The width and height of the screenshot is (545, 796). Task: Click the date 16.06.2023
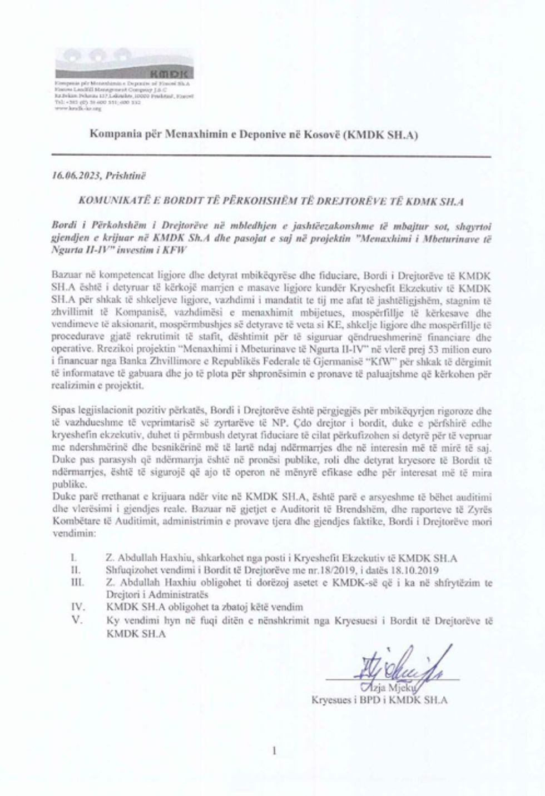coord(74,176)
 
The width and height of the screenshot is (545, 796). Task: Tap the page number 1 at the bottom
coord(274,751)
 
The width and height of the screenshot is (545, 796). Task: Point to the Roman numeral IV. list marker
coord(78,607)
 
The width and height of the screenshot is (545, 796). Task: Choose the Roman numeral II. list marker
coord(76,570)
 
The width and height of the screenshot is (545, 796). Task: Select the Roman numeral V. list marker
coord(77,620)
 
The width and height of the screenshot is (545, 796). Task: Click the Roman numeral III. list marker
coord(77,583)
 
